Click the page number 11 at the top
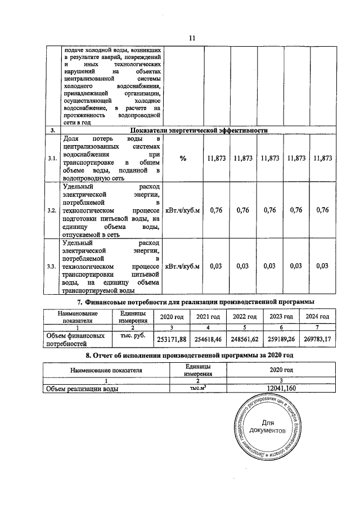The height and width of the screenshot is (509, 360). [x=191, y=38]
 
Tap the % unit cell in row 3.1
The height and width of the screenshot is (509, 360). [x=183, y=159]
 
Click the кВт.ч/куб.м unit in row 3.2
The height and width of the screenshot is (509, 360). [x=183, y=210]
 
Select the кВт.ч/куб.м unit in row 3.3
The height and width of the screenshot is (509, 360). [x=183, y=266]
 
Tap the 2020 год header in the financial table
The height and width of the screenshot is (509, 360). [x=172, y=317]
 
